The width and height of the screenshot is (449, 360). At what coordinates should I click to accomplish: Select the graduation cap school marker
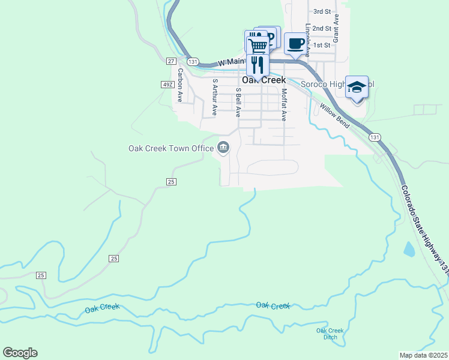pos(357,88)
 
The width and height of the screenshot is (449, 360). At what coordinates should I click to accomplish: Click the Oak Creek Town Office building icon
pos(223,148)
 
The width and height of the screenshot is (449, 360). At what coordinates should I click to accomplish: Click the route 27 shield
pos(171,61)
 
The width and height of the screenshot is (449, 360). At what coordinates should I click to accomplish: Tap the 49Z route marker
pos(167,85)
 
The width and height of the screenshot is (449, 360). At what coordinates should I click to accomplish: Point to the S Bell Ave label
pos(238,100)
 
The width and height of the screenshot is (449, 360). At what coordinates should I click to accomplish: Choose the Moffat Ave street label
pos(284,104)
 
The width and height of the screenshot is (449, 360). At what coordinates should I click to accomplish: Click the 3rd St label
pos(322,11)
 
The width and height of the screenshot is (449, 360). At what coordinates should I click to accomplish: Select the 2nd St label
pos(322,28)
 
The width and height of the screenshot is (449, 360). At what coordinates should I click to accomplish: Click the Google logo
pos(20,353)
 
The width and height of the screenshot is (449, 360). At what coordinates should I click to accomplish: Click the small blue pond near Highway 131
pos(409,248)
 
